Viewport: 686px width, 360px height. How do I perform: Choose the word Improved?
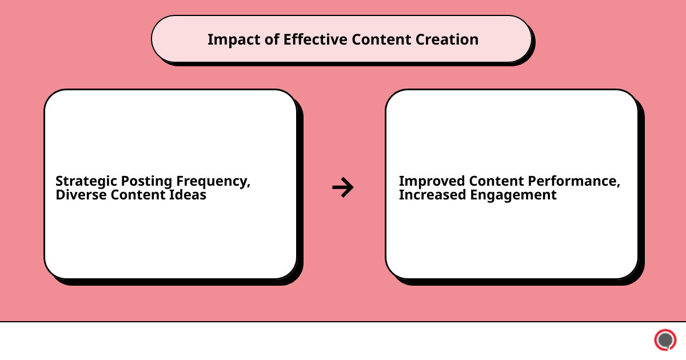point(432,181)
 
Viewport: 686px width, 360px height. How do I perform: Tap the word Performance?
point(573,181)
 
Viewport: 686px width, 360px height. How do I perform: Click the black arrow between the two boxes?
point(343,187)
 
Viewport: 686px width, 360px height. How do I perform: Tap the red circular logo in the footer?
point(665,340)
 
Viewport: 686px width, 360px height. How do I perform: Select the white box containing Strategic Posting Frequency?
point(170,240)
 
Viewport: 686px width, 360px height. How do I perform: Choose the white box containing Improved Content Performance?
point(512,240)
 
